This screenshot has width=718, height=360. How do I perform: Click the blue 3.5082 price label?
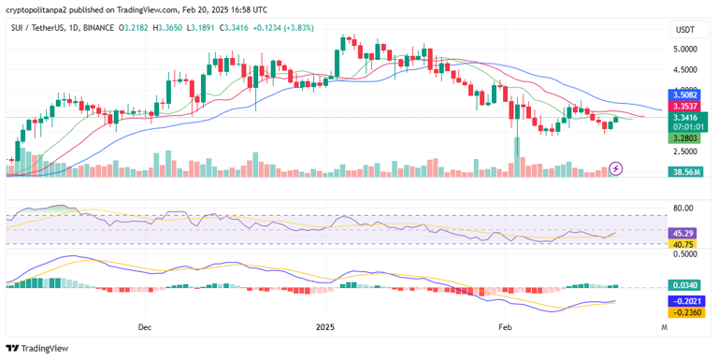click(x=685, y=95)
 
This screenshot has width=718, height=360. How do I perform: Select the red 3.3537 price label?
click(x=685, y=107)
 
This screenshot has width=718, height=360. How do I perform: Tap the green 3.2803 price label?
click(x=685, y=137)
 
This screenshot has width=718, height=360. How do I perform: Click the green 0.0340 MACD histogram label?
click(x=685, y=285)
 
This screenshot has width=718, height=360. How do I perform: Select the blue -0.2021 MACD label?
click(x=685, y=301)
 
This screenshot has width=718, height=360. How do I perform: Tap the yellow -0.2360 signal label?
click(x=685, y=313)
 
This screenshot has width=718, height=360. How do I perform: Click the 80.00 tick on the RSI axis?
click(x=685, y=209)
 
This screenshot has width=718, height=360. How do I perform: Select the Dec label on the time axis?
click(x=144, y=327)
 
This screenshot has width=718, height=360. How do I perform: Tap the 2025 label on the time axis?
click(x=324, y=327)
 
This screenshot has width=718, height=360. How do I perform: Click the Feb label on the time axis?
click(x=506, y=327)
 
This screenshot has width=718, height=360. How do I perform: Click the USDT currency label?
click(x=685, y=30)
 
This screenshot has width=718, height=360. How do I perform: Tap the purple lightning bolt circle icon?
click(x=615, y=168)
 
